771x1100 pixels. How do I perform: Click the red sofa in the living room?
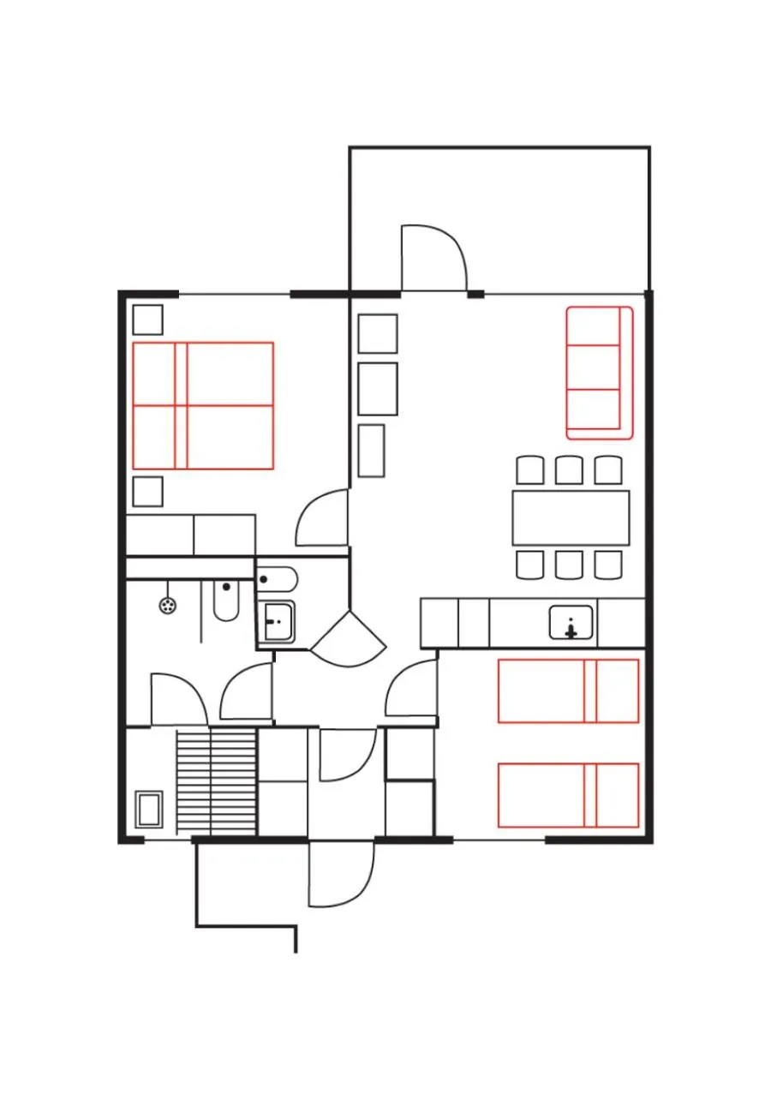(x=599, y=373)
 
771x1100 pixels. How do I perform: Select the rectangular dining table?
(x=571, y=517)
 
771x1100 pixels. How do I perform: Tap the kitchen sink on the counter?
(x=571, y=623)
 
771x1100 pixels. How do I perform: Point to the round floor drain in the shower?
(x=168, y=606)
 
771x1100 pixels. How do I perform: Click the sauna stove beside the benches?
(x=149, y=810)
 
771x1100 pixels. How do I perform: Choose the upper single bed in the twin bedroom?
(x=568, y=690)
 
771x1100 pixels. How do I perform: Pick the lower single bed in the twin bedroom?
(x=568, y=795)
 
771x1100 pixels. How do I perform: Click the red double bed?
(x=203, y=405)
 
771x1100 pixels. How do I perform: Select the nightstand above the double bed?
(x=147, y=320)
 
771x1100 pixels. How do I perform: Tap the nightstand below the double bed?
(x=147, y=492)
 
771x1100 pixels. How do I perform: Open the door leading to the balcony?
(x=433, y=257)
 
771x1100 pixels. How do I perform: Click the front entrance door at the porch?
(x=341, y=874)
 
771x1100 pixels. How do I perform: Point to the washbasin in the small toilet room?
(x=277, y=620)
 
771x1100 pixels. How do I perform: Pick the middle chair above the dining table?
(x=569, y=470)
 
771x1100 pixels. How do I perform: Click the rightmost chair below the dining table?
(x=608, y=565)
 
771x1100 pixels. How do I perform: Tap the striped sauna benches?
(x=216, y=780)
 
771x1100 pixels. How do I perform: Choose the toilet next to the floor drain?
(x=226, y=601)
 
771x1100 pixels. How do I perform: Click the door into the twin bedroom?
(x=411, y=690)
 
